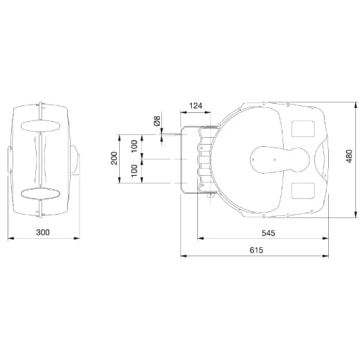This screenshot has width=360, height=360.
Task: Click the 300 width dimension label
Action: pos(43,232)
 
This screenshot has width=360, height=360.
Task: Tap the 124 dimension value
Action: pos(196,106)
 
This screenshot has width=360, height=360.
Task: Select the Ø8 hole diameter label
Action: pos(156,121)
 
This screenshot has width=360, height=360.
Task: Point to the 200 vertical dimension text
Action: pos(114,158)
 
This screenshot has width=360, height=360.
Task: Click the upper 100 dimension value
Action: pos(134,146)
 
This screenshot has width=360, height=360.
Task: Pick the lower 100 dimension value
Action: pos(134,171)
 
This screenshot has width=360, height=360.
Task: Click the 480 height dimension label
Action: pos(350,156)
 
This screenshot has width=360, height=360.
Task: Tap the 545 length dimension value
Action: pos(269,233)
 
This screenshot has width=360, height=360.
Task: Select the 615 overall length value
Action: pos(256,250)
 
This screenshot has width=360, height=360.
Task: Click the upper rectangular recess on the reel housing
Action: pos(303,129)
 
